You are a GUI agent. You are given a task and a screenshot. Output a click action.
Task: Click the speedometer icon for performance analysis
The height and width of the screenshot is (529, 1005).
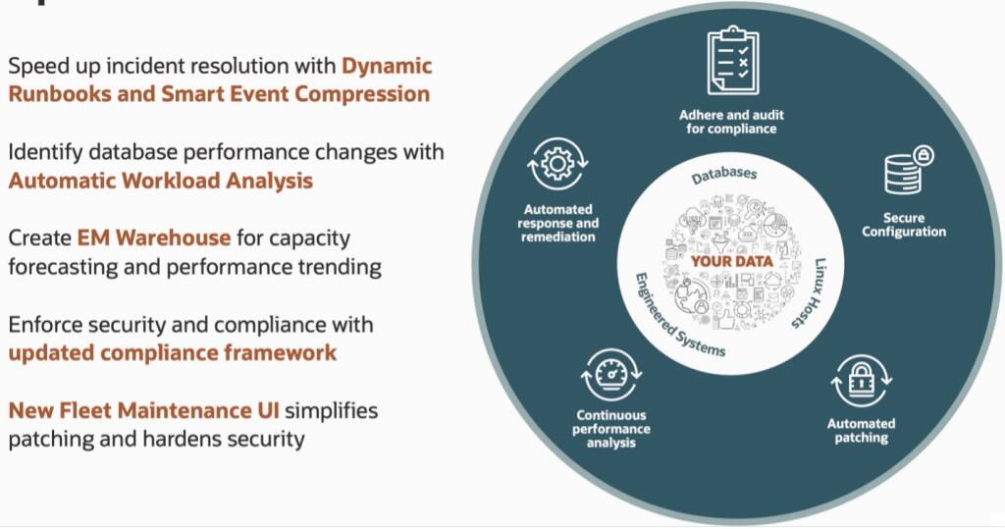click(611, 375)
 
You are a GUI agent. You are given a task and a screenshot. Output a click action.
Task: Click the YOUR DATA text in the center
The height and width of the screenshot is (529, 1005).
click(730, 262)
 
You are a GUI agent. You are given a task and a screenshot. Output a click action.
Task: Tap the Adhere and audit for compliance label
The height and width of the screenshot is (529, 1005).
click(732, 122)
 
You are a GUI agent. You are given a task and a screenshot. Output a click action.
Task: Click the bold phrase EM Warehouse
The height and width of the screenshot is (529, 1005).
click(153, 238)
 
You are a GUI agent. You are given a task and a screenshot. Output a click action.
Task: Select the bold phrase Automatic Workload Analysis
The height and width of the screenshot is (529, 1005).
click(161, 181)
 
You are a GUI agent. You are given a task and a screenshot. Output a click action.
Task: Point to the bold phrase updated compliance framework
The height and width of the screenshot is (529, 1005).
click(173, 352)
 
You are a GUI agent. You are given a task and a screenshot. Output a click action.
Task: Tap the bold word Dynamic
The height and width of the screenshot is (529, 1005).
click(387, 66)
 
